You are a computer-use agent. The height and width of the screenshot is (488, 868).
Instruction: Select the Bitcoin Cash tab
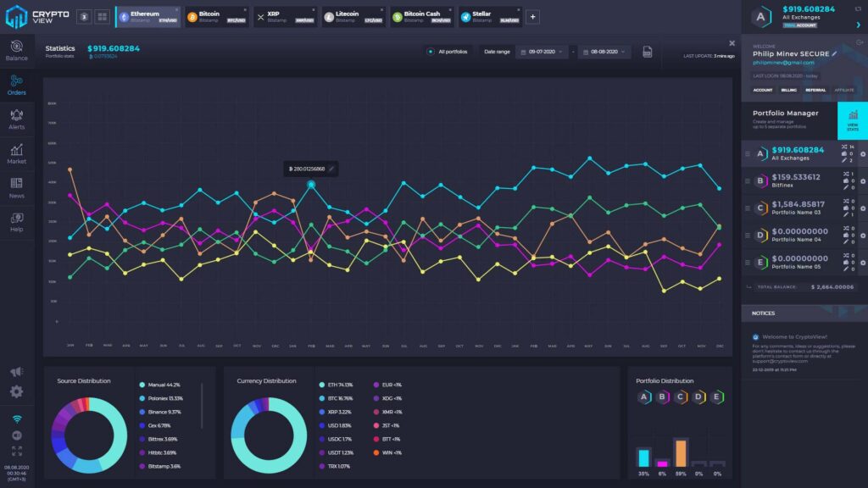click(421, 16)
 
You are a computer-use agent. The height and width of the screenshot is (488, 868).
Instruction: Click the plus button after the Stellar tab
click(532, 16)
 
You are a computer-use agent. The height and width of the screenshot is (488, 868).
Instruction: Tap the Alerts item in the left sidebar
click(16, 118)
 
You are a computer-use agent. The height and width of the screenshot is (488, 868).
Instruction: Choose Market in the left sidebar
click(16, 152)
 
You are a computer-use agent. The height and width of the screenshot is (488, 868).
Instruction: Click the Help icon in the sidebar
click(16, 221)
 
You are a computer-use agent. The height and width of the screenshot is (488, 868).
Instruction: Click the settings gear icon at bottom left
click(16, 391)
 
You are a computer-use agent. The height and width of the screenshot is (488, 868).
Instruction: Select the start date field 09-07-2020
click(542, 52)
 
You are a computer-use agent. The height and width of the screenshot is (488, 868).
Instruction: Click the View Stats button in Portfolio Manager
click(853, 126)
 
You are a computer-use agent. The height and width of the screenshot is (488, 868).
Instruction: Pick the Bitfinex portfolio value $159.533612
click(796, 179)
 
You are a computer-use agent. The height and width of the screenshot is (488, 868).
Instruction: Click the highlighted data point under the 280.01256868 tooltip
click(311, 184)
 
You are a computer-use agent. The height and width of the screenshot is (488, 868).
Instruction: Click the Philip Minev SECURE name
click(792, 53)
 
